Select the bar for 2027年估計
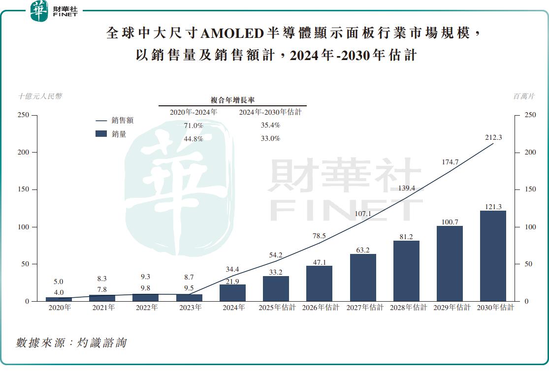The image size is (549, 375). click(x=363, y=278)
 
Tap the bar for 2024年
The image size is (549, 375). click(x=232, y=293)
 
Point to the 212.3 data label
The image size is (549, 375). click(x=493, y=138)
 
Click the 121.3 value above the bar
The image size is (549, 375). click(x=493, y=207)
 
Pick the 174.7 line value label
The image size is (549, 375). click(x=450, y=162)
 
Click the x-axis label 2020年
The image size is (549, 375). click(x=59, y=308)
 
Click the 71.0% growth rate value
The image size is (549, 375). click(x=194, y=125)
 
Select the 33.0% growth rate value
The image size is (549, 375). click(x=270, y=139)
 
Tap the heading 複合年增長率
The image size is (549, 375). click(x=232, y=100)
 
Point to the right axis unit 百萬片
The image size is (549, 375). click(x=524, y=96)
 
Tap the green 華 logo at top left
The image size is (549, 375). click(x=39, y=11)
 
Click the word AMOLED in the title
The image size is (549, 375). click(x=233, y=33)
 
